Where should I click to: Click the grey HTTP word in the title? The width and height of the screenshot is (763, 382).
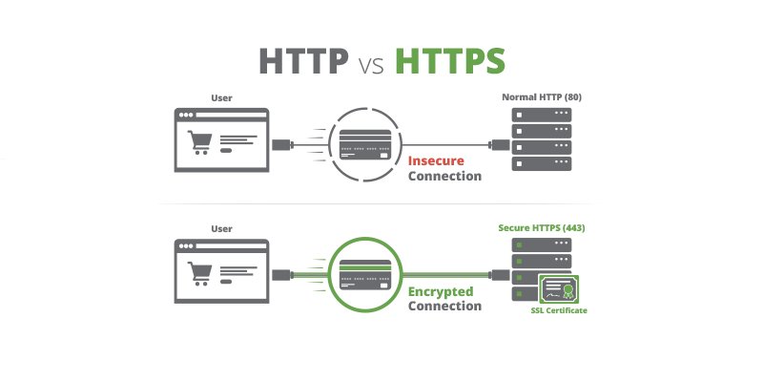304,60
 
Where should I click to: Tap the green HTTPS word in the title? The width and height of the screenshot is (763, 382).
449,60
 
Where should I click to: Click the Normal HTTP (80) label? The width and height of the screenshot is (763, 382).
541,97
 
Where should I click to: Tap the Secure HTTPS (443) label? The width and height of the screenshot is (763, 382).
542,228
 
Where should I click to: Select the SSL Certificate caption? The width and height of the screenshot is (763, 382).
559,311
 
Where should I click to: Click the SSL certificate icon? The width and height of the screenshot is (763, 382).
562,288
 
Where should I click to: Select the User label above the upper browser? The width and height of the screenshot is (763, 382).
220,97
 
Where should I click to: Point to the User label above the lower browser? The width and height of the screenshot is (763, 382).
220,228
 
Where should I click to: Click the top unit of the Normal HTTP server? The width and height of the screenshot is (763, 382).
542,114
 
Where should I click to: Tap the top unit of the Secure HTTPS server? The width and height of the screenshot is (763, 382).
542,244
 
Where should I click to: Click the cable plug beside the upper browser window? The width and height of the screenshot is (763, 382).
282,145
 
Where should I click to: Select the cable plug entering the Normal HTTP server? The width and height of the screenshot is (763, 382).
498,145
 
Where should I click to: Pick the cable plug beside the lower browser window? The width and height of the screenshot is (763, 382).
282,275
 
